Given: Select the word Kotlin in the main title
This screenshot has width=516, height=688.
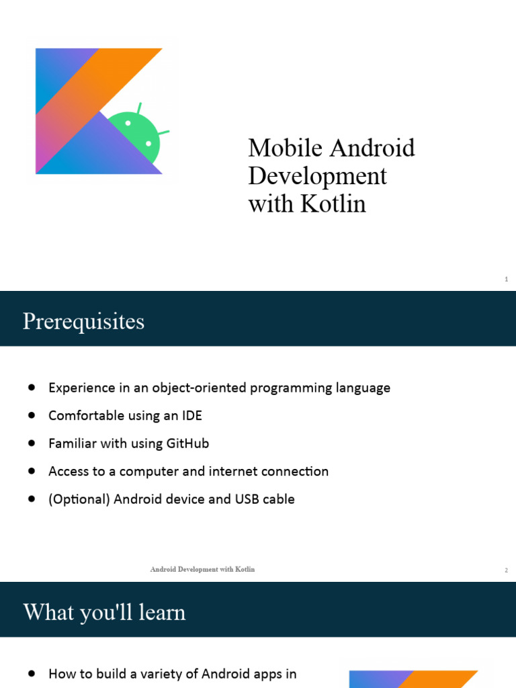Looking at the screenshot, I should coord(333,204).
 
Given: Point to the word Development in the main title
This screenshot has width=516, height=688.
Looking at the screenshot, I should coord(317,176).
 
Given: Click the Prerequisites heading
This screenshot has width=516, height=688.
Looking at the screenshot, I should coord(83,321).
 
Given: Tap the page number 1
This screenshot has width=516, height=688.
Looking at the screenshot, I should coord(506,279).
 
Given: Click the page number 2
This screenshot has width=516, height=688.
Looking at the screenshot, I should coord(506,570).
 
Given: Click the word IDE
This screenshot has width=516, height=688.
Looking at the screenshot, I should coord(191,416).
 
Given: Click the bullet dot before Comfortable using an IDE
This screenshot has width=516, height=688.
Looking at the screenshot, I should coord(32,416).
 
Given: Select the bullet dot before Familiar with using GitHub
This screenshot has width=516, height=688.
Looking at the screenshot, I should coord(32,443).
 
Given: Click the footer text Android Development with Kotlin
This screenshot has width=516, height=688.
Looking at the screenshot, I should coord(202,570).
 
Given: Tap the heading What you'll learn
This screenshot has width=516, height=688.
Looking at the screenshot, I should coord(104,612).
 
